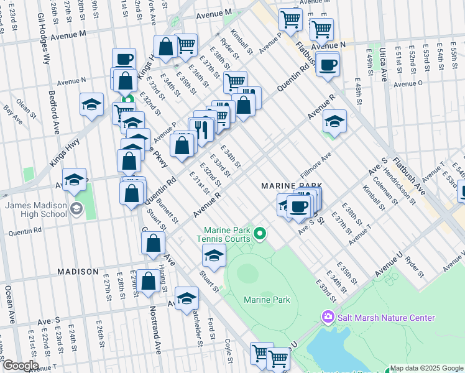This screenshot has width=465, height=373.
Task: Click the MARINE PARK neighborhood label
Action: (x=292, y=186)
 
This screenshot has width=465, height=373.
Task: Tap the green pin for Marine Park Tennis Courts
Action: (x=260, y=234)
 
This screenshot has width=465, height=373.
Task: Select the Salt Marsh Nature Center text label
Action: (x=386, y=318)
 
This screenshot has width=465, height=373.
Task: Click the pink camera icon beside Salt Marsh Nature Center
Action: (x=328, y=318)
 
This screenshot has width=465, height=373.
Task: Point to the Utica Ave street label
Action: (x=384, y=67)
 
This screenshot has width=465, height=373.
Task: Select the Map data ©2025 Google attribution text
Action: (x=426, y=368)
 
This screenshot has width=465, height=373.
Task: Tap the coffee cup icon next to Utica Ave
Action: (x=328, y=64)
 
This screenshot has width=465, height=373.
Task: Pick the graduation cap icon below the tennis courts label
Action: (x=213, y=256)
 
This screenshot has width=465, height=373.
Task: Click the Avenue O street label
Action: (x=408, y=83)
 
